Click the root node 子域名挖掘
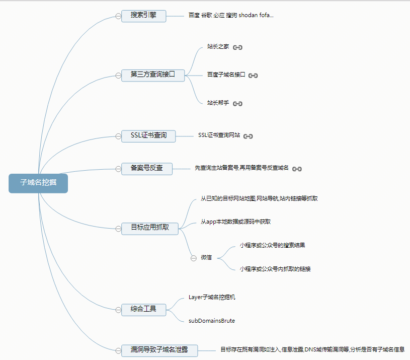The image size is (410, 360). click(38, 183)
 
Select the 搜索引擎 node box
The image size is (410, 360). click(143, 16)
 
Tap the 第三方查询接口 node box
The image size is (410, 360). click(153, 75)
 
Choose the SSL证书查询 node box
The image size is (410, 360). click(148, 136)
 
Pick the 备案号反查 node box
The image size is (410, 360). click(147, 168)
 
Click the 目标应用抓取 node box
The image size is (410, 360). click(150, 228)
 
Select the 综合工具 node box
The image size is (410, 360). click(143, 309)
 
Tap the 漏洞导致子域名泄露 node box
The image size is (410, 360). click(159, 350)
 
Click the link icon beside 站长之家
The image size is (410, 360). click(238, 47)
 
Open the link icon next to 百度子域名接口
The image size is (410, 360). click(253, 76)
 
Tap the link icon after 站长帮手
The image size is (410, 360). click(238, 104)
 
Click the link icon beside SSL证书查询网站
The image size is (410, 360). click(248, 136)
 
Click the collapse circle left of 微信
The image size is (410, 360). click(193, 258)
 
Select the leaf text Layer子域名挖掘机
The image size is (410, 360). click(212, 297)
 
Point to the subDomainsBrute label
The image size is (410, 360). click(212, 321)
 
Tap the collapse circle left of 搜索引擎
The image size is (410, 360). click(118, 16)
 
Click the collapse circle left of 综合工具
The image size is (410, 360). click(118, 309)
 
